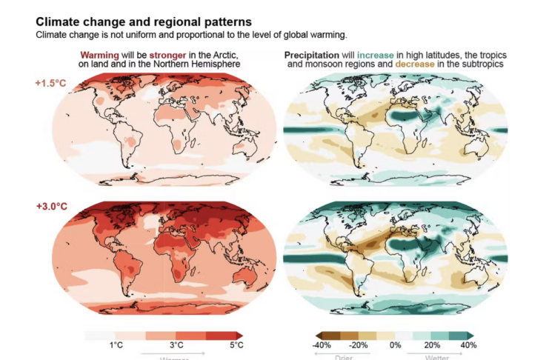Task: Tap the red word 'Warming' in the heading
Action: pyautogui.click(x=99, y=55)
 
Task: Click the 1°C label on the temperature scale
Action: pyautogui.click(x=116, y=345)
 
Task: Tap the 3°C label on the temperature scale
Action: pyautogui.click(x=176, y=345)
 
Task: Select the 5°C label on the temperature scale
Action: pyautogui.click(x=236, y=345)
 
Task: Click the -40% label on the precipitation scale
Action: pyautogui.click(x=322, y=345)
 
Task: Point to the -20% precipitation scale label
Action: pyautogui.click(x=359, y=345)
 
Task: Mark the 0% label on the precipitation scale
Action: pyautogui.click(x=396, y=345)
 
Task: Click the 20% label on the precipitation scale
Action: pyautogui.click(x=432, y=345)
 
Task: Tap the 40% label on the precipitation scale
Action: pyautogui.click(x=468, y=345)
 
